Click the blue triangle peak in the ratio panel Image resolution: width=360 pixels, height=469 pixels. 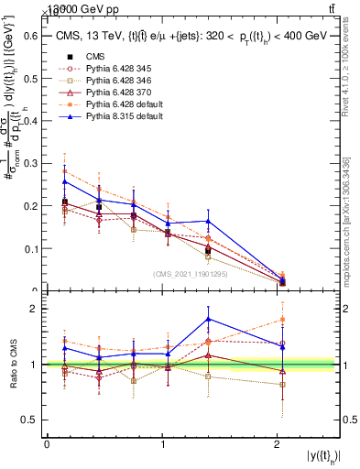click(x=209, y=319)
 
